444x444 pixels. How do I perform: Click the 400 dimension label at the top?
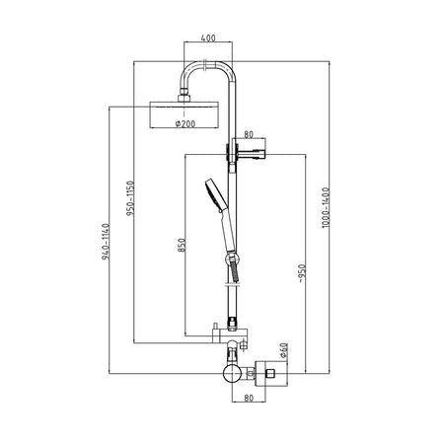coord(208,37)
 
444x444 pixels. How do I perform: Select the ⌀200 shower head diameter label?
coord(185,123)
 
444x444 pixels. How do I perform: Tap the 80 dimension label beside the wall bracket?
coord(249,134)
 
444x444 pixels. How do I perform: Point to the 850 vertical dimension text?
coord(182,245)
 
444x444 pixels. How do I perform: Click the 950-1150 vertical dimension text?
coord(130,197)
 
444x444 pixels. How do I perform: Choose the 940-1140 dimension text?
coord(106,242)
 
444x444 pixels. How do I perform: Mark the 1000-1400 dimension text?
coord(326,207)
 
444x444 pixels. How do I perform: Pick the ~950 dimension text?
coord(302,273)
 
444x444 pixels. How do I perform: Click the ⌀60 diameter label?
coord(283,350)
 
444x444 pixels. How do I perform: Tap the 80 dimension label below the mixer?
coord(249,398)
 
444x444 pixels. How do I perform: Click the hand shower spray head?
coord(215,194)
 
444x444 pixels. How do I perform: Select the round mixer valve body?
coord(232,373)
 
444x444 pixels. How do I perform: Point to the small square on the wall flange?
coord(270,373)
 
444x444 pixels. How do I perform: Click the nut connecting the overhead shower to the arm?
coord(184,98)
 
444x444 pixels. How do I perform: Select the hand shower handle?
coord(228,232)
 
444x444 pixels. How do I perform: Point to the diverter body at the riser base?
coord(230,335)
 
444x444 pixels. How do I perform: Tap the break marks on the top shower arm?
coord(205,65)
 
